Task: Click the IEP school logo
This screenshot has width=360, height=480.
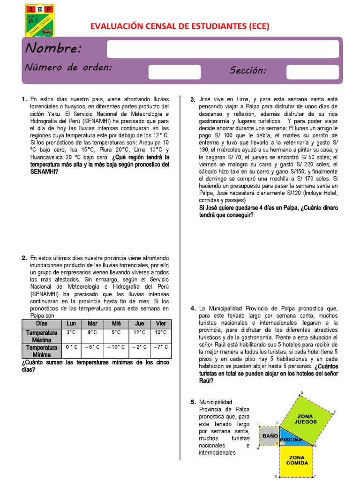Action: [x=39, y=21]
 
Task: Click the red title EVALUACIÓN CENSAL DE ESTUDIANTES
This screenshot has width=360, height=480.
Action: [x=180, y=26]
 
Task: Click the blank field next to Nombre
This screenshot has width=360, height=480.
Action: [x=223, y=49]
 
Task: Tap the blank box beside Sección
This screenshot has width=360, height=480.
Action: [x=312, y=72]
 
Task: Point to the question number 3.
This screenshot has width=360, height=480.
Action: [x=193, y=100]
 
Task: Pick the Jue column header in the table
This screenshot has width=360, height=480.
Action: [x=140, y=324]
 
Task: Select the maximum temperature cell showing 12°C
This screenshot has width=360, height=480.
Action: [x=140, y=332]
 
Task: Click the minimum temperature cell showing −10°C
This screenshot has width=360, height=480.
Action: [x=116, y=347]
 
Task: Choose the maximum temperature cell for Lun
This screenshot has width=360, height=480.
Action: [x=71, y=332]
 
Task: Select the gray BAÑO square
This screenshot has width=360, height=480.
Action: [x=269, y=436]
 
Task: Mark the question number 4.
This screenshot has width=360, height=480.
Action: [x=193, y=308]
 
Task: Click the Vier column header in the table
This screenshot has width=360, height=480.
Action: [x=161, y=324]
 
